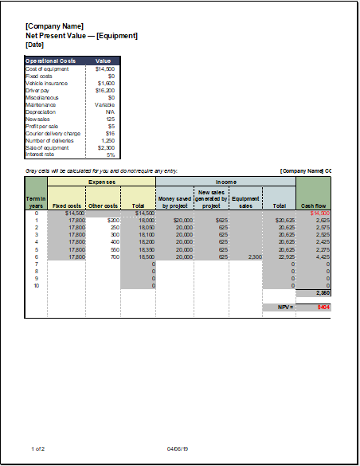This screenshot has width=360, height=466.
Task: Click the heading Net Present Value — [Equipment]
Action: (x=81, y=36)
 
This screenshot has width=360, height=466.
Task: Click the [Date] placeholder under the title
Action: (x=34, y=45)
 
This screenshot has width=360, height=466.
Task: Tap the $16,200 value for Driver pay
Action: (x=106, y=90)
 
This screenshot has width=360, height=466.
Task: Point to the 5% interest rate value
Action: (x=111, y=155)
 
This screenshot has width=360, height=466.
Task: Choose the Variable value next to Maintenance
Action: (x=105, y=104)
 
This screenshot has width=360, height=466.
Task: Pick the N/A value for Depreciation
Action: (x=110, y=112)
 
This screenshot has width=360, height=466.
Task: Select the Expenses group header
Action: (x=101, y=182)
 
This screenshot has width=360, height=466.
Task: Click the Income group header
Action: (x=225, y=182)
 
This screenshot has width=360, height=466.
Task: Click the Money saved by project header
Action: (x=175, y=202)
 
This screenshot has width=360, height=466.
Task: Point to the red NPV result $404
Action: (x=323, y=307)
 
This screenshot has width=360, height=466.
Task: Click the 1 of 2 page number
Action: (x=38, y=449)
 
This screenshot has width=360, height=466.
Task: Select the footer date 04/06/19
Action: (x=177, y=449)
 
